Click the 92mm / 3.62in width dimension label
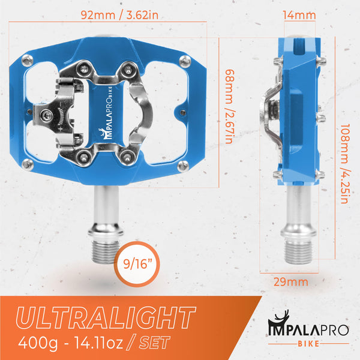107,16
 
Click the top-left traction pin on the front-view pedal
28,60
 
